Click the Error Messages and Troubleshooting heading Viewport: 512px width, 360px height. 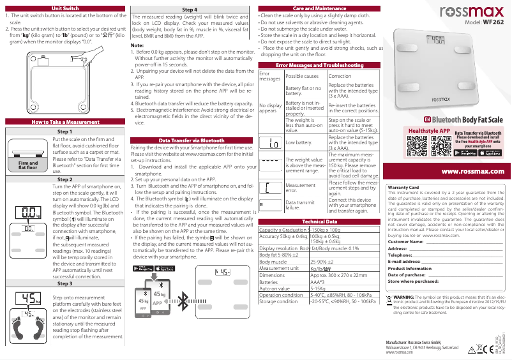tap(319, 65)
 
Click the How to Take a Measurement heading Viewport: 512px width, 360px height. tap(64, 121)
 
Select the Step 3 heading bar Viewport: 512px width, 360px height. tap(64, 283)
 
